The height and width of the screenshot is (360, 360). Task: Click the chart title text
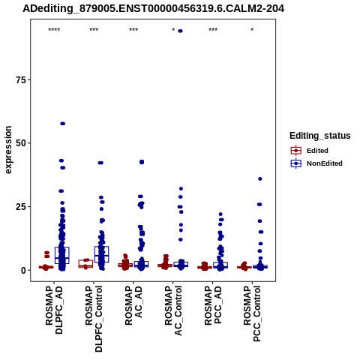153,8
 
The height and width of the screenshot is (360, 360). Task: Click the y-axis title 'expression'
8,150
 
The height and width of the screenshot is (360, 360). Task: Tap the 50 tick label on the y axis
21,143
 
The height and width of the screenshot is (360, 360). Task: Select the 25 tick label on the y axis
21,207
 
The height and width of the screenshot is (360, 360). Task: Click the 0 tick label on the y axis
24,270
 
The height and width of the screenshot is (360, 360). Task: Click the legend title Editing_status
320,136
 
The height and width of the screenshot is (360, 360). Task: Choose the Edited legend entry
317,151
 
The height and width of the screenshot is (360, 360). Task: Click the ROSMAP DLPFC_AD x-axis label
54,310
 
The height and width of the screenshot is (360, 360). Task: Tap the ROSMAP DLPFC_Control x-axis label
94,319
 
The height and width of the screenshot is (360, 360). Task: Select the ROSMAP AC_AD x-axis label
133,305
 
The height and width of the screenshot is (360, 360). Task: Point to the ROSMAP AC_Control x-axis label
173,310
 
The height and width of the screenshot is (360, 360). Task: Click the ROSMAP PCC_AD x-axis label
213,305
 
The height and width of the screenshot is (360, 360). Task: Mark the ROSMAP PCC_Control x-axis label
252,313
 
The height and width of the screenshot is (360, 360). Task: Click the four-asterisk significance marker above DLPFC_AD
54,30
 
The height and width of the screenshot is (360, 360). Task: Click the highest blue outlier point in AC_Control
180,31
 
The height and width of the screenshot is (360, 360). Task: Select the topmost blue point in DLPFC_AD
62,124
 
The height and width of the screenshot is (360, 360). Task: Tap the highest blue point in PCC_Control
260,178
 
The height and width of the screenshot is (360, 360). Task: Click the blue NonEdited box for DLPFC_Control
101,254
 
